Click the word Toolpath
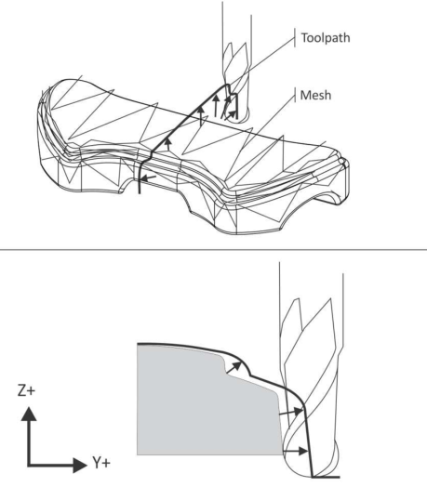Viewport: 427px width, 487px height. [x=326, y=38]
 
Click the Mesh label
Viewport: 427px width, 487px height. [x=315, y=95]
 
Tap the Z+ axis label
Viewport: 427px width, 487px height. [x=26, y=390]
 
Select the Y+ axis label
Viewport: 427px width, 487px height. [x=101, y=463]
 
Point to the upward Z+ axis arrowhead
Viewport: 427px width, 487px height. [x=29, y=414]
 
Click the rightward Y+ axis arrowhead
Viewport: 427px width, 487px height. [x=80, y=465]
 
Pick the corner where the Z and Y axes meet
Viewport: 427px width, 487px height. [x=29, y=465]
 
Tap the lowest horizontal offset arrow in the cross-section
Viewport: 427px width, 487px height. [x=296, y=451]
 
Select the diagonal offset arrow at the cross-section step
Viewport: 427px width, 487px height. [x=234, y=367]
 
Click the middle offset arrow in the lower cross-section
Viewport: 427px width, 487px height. [x=291, y=413]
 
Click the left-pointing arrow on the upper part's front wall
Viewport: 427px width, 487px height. [x=148, y=178]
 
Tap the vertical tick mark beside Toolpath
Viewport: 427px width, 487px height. [x=295, y=37]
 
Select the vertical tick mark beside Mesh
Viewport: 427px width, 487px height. [x=295, y=95]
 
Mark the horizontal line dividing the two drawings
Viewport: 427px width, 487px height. [x=213, y=249]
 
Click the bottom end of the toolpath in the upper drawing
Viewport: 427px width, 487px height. [x=140, y=193]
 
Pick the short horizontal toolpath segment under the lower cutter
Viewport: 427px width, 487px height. [x=326, y=477]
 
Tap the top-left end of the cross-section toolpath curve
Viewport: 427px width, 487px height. [x=138, y=344]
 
